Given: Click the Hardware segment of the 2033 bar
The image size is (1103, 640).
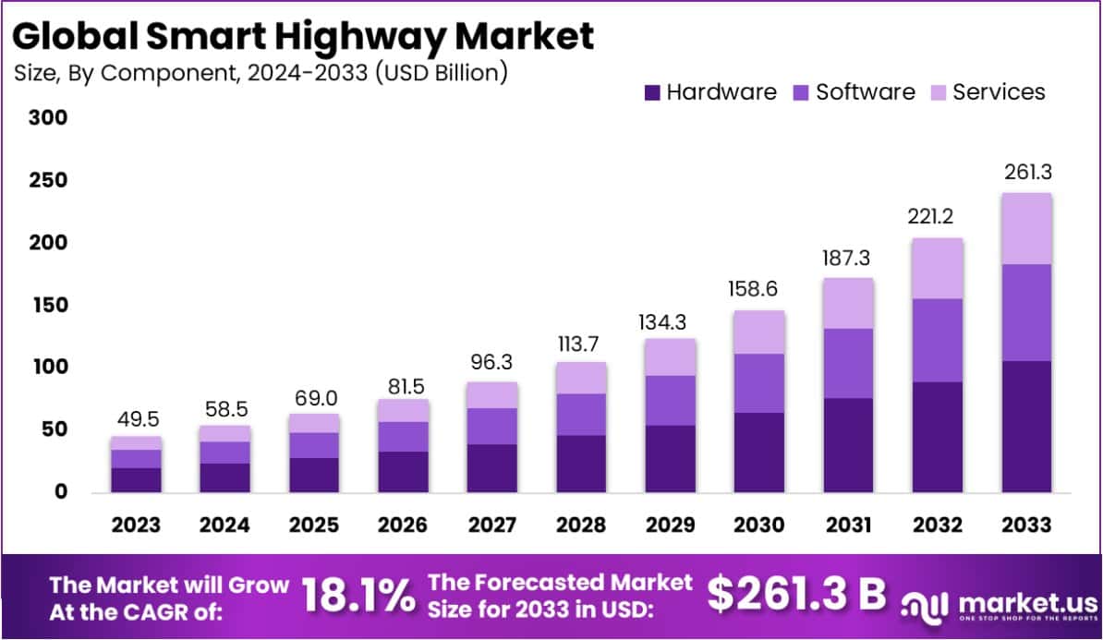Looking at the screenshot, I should coord(1026,426).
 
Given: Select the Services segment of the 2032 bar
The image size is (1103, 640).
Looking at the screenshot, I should coord(937,269).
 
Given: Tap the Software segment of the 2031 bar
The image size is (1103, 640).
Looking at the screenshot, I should coord(848,363).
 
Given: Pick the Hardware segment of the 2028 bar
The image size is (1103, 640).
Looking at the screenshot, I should coord(580,463).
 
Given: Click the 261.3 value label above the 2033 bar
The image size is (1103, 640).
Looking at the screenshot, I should coord(1026,172).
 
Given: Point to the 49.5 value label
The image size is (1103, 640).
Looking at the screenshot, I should coord(135,419).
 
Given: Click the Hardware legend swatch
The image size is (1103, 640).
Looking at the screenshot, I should coord(653,92).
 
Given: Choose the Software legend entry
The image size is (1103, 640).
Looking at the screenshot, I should coord(854,92).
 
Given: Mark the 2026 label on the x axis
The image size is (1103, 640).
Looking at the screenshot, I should coord(402,525).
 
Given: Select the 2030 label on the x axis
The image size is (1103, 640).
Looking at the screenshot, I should coord(758,525).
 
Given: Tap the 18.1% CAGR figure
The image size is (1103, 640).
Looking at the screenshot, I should coord(359,597).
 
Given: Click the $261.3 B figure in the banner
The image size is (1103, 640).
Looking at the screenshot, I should coord(796,595).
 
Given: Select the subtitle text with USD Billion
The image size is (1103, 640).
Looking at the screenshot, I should coord(261,72).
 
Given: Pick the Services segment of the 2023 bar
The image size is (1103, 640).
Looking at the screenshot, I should coord(135,442).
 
